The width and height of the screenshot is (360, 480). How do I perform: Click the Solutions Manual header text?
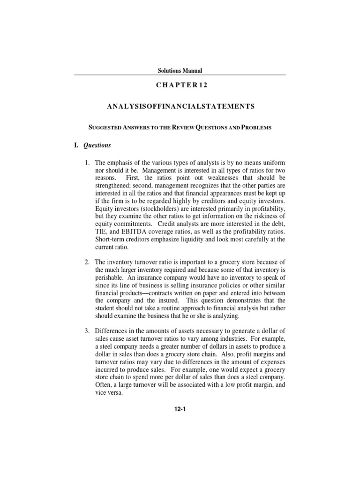pyautogui.click(x=180, y=71)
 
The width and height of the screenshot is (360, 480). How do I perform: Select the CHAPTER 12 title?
pyautogui.click(x=180, y=85)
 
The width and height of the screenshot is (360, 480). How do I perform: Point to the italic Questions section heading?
pyautogui.click(x=97, y=145)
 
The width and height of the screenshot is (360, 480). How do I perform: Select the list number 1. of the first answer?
pyautogui.click(x=87, y=163)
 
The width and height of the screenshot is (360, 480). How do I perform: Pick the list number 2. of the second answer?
pyautogui.click(x=87, y=262)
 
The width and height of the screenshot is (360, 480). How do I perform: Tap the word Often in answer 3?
pyautogui.click(x=104, y=385)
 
